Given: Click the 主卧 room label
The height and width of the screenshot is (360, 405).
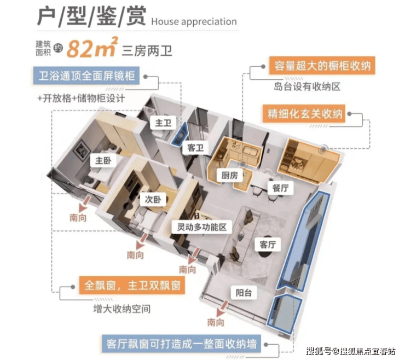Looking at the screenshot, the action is [x=103, y=161].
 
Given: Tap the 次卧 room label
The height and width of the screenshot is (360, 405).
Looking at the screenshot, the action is [x=153, y=199].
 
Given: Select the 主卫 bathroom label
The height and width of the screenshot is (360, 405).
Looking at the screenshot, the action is [x=163, y=123].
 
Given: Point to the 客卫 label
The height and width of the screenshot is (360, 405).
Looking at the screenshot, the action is [x=195, y=148].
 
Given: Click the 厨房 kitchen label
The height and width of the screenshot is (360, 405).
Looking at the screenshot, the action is [x=230, y=176].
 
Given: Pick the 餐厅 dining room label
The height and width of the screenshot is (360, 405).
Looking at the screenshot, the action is [x=281, y=188].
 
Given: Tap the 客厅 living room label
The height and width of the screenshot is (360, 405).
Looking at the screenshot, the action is [x=268, y=245].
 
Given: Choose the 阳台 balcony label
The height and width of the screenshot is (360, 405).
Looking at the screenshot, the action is [x=244, y=293].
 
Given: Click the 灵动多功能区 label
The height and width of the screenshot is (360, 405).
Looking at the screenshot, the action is [x=202, y=227].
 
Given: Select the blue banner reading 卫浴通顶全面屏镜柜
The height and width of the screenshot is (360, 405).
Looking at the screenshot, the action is [x=86, y=76].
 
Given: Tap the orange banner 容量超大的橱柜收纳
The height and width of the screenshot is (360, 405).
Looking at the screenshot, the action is [x=322, y=66].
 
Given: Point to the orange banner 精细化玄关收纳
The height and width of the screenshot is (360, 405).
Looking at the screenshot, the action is [x=304, y=114].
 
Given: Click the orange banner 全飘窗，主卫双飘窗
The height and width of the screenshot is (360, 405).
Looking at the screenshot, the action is [x=132, y=286].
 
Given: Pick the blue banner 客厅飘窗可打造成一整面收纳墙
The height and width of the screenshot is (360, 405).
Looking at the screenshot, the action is [x=181, y=344].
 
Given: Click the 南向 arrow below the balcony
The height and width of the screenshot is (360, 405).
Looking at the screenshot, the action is [x=222, y=309].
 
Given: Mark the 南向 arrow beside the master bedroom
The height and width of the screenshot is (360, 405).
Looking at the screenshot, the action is [x=85, y=204].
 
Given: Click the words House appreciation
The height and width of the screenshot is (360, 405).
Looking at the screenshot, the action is [x=194, y=22].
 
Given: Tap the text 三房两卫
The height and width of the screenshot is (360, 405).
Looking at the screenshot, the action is [x=147, y=51].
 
